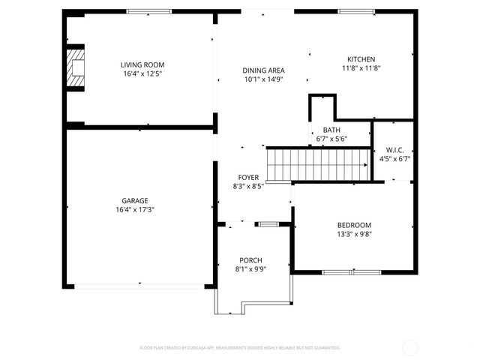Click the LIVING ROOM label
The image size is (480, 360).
tap(142, 64)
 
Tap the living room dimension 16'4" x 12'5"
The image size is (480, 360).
tap(142, 73)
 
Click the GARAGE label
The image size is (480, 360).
tap(135, 200)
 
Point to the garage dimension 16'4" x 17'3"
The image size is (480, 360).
tap(135, 209)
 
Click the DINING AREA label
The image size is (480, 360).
tap(263, 70)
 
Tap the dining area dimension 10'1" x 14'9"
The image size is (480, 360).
tap(263, 79)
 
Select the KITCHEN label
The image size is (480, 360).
tap(361, 59)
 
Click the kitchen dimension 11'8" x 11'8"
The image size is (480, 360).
tap(361, 68)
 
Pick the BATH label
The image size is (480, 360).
tap(331, 130)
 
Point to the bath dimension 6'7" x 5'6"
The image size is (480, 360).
tap(331, 139)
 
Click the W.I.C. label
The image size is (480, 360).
tap(394, 149)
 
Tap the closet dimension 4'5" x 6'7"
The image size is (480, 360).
tap(394, 158)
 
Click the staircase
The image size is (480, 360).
tap(320, 164)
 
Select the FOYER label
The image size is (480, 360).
tap(248, 177)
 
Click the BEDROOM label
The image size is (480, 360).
tap(355, 224)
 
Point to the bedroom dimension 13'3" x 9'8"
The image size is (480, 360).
tap(355, 233)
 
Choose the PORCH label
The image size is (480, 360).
tap(250, 259)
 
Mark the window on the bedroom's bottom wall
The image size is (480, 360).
tap(351, 271)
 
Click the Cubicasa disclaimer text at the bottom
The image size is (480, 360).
tap(240, 348)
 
